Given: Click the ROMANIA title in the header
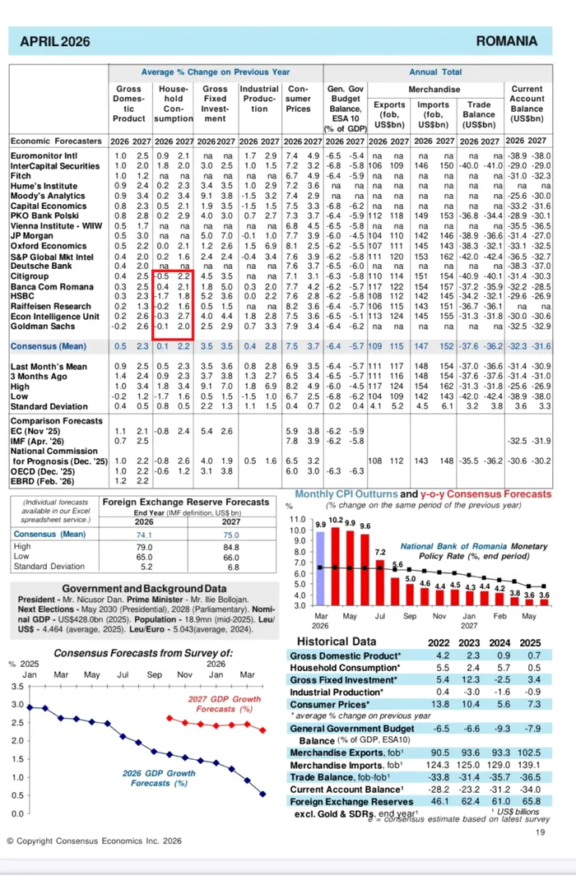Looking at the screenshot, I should point(506,41).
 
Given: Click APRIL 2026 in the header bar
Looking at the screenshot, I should point(56,41).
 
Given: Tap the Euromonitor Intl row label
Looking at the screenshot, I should point(44,155).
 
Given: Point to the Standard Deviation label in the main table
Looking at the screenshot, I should point(46,405).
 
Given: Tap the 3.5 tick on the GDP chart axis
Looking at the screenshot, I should point(16,686).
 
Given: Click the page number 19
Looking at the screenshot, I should point(541,833).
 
